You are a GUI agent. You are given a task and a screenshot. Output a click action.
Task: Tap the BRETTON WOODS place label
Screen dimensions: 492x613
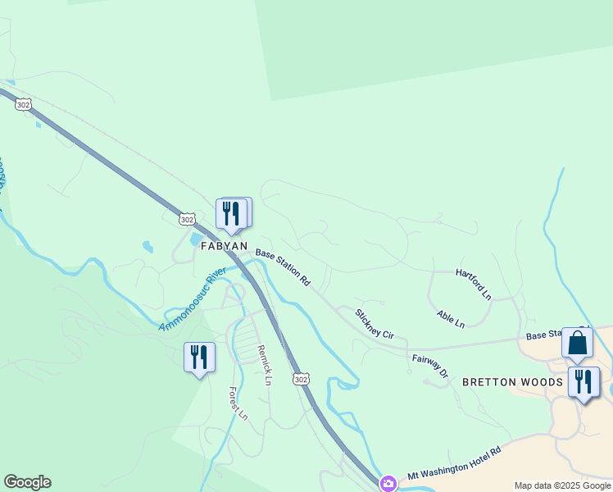pos(512,382)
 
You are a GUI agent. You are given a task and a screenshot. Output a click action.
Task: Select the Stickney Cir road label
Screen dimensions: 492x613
pos(375,324)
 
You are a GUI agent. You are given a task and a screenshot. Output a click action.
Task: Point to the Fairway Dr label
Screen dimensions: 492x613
pos(431,366)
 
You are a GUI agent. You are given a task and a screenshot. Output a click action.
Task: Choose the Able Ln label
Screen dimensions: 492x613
pos(451,319)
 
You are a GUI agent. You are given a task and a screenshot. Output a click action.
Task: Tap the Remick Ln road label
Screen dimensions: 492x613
pos(264,364)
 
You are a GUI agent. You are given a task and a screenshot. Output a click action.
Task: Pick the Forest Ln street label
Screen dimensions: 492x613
pos(238,403)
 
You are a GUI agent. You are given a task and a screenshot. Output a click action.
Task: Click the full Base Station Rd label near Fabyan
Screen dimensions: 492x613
pos(283,267)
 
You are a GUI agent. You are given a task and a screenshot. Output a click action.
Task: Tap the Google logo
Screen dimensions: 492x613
pos(27,482)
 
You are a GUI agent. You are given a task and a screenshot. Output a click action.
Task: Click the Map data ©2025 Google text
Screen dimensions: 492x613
pos(562,485)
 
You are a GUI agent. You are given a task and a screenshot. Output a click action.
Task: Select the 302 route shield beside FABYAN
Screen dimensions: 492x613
pos(187,219)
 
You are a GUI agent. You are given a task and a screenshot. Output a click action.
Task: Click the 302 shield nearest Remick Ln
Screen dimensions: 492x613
pos(301,379)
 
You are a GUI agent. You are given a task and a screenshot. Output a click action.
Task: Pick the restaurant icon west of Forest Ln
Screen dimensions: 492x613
pos(198,357)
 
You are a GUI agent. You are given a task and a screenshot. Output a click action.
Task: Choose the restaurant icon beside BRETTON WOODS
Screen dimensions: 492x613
pos(583,381)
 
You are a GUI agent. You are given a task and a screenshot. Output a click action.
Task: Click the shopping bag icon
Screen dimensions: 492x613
pos(577,343)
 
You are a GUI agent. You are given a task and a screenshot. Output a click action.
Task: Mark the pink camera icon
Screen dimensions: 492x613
pos(388,483)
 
